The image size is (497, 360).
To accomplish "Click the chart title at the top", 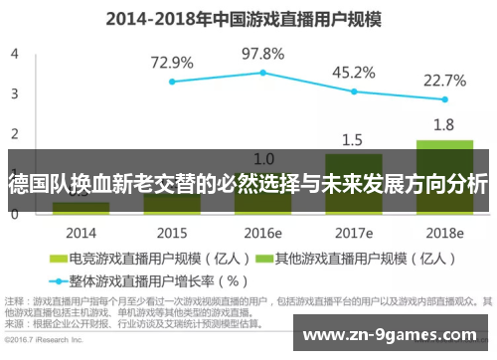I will click(x=248, y=17).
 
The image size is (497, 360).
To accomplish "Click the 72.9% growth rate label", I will click(x=172, y=62).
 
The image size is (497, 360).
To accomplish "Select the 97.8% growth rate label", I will click(x=263, y=53).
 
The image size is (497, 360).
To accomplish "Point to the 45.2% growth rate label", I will click(x=353, y=72).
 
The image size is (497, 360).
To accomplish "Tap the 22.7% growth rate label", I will click(x=444, y=80).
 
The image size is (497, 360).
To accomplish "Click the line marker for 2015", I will click(x=172, y=82).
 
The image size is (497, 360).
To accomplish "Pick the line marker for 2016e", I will click(x=263, y=73).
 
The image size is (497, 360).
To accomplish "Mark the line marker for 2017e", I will click(x=353, y=90).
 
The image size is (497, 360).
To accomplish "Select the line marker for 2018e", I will click(x=444, y=99).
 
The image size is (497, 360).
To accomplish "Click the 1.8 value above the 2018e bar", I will click(x=444, y=124).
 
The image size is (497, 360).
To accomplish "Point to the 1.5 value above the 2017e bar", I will click(x=353, y=138).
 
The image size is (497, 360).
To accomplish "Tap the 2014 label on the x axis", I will click(x=82, y=233).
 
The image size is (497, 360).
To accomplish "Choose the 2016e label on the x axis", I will click(x=263, y=233).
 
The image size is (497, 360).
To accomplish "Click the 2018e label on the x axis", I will click(x=444, y=233).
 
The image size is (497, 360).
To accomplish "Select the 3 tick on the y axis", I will click(x=14, y=93).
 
